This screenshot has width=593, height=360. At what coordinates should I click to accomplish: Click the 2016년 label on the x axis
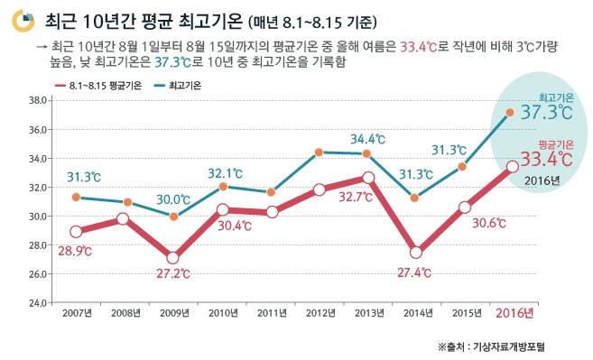[515, 313]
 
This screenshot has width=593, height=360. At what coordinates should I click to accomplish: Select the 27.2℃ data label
[172, 272]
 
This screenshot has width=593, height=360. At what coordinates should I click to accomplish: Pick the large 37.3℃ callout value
[547, 113]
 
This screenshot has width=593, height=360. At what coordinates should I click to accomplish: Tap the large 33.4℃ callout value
[547, 160]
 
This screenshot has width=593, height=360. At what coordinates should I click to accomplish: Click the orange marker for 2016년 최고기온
[510, 113]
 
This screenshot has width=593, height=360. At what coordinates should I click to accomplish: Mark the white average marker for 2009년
[172, 257]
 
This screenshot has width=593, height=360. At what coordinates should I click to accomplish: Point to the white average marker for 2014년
[416, 253]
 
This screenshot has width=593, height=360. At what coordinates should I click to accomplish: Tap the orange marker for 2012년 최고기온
[319, 152]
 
